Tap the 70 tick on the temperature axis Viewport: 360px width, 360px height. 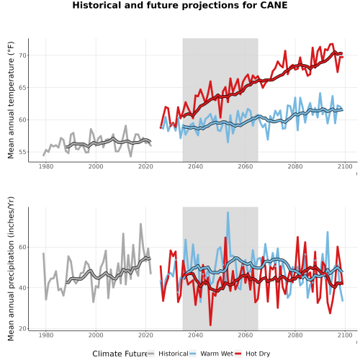point(22,55)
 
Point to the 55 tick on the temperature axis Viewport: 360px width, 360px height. point(22,152)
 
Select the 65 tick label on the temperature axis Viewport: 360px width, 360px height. point(22,88)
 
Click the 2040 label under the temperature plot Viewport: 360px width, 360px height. point(195,166)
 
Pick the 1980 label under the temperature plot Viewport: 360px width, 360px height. point(46,166)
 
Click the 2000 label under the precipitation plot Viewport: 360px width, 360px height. point(96,335)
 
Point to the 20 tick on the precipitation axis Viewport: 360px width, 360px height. point(22,328)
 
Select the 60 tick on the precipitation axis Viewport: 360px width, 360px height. point(22,247)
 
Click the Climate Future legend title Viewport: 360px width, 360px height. point(120,354)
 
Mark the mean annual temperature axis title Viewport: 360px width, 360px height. point(11,100)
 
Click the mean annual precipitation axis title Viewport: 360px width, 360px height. point(11,269)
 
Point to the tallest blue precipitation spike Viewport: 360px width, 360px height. point(228,212)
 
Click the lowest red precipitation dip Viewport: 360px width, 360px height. point(210,325)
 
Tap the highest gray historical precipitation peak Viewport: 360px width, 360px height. point(140,224)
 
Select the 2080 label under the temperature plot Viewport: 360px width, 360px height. point(295,166)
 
